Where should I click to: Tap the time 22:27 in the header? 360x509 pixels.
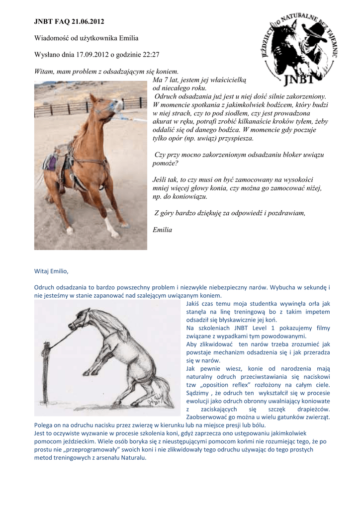[x=151, y=54]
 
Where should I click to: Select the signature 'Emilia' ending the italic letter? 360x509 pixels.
[x=162, y=230]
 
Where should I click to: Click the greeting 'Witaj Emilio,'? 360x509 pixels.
[x=51, y=271]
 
